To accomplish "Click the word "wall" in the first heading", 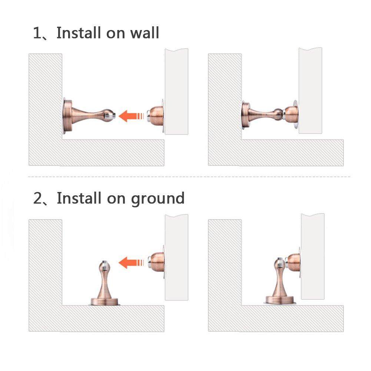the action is click(145, 33).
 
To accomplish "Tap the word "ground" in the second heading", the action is click(158, 199).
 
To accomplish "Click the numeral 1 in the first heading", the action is click(37, 33).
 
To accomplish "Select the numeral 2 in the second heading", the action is click(38, 198).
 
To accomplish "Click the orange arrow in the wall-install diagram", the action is click(131, 116).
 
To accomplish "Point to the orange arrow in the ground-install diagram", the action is click(131, 263).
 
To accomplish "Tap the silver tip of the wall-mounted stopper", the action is click(113, 116).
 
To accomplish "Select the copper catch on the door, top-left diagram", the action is click(155, 116).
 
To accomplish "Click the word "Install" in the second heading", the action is click(79, 198).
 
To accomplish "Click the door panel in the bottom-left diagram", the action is click(176, 258).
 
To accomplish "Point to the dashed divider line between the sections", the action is click(189, 177).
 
